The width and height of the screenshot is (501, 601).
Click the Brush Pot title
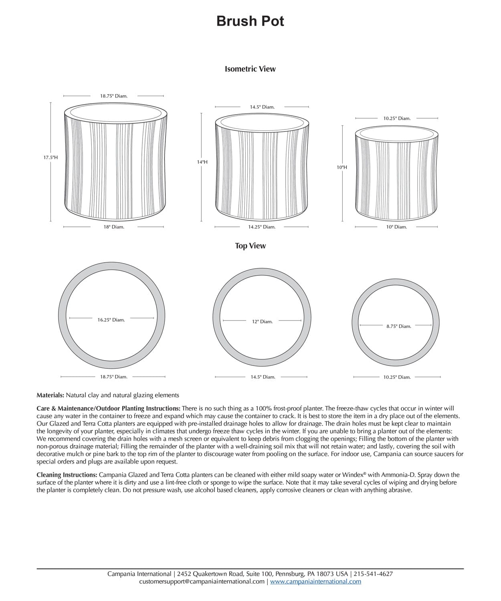point(250,21)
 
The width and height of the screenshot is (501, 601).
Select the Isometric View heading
point(250,69)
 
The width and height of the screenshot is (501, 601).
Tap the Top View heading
point(250,246)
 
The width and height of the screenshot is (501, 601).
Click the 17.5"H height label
point(51,157)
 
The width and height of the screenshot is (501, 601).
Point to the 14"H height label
point(202,162)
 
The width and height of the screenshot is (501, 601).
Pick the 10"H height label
point(342,167)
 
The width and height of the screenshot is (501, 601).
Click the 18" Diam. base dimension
point(114,227)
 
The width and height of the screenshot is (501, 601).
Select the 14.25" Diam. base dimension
point(262,227)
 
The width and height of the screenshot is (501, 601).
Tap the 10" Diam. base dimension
point(396,227)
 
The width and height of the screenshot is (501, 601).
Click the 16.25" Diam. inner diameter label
point(111,320)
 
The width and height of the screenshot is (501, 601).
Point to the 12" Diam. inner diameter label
point(262,321)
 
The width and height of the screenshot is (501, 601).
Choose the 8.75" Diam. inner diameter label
point(399,327)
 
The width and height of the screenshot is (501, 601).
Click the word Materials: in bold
point(50,395)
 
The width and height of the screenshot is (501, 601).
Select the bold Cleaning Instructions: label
point(67,475)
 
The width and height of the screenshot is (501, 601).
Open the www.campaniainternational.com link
point(315,581)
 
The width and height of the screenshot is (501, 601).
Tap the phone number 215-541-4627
point(374,574)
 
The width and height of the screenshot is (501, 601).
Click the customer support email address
point(202,581)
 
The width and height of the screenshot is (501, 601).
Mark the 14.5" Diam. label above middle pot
point(262,107)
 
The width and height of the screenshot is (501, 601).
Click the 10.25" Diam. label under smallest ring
point(397,377)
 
